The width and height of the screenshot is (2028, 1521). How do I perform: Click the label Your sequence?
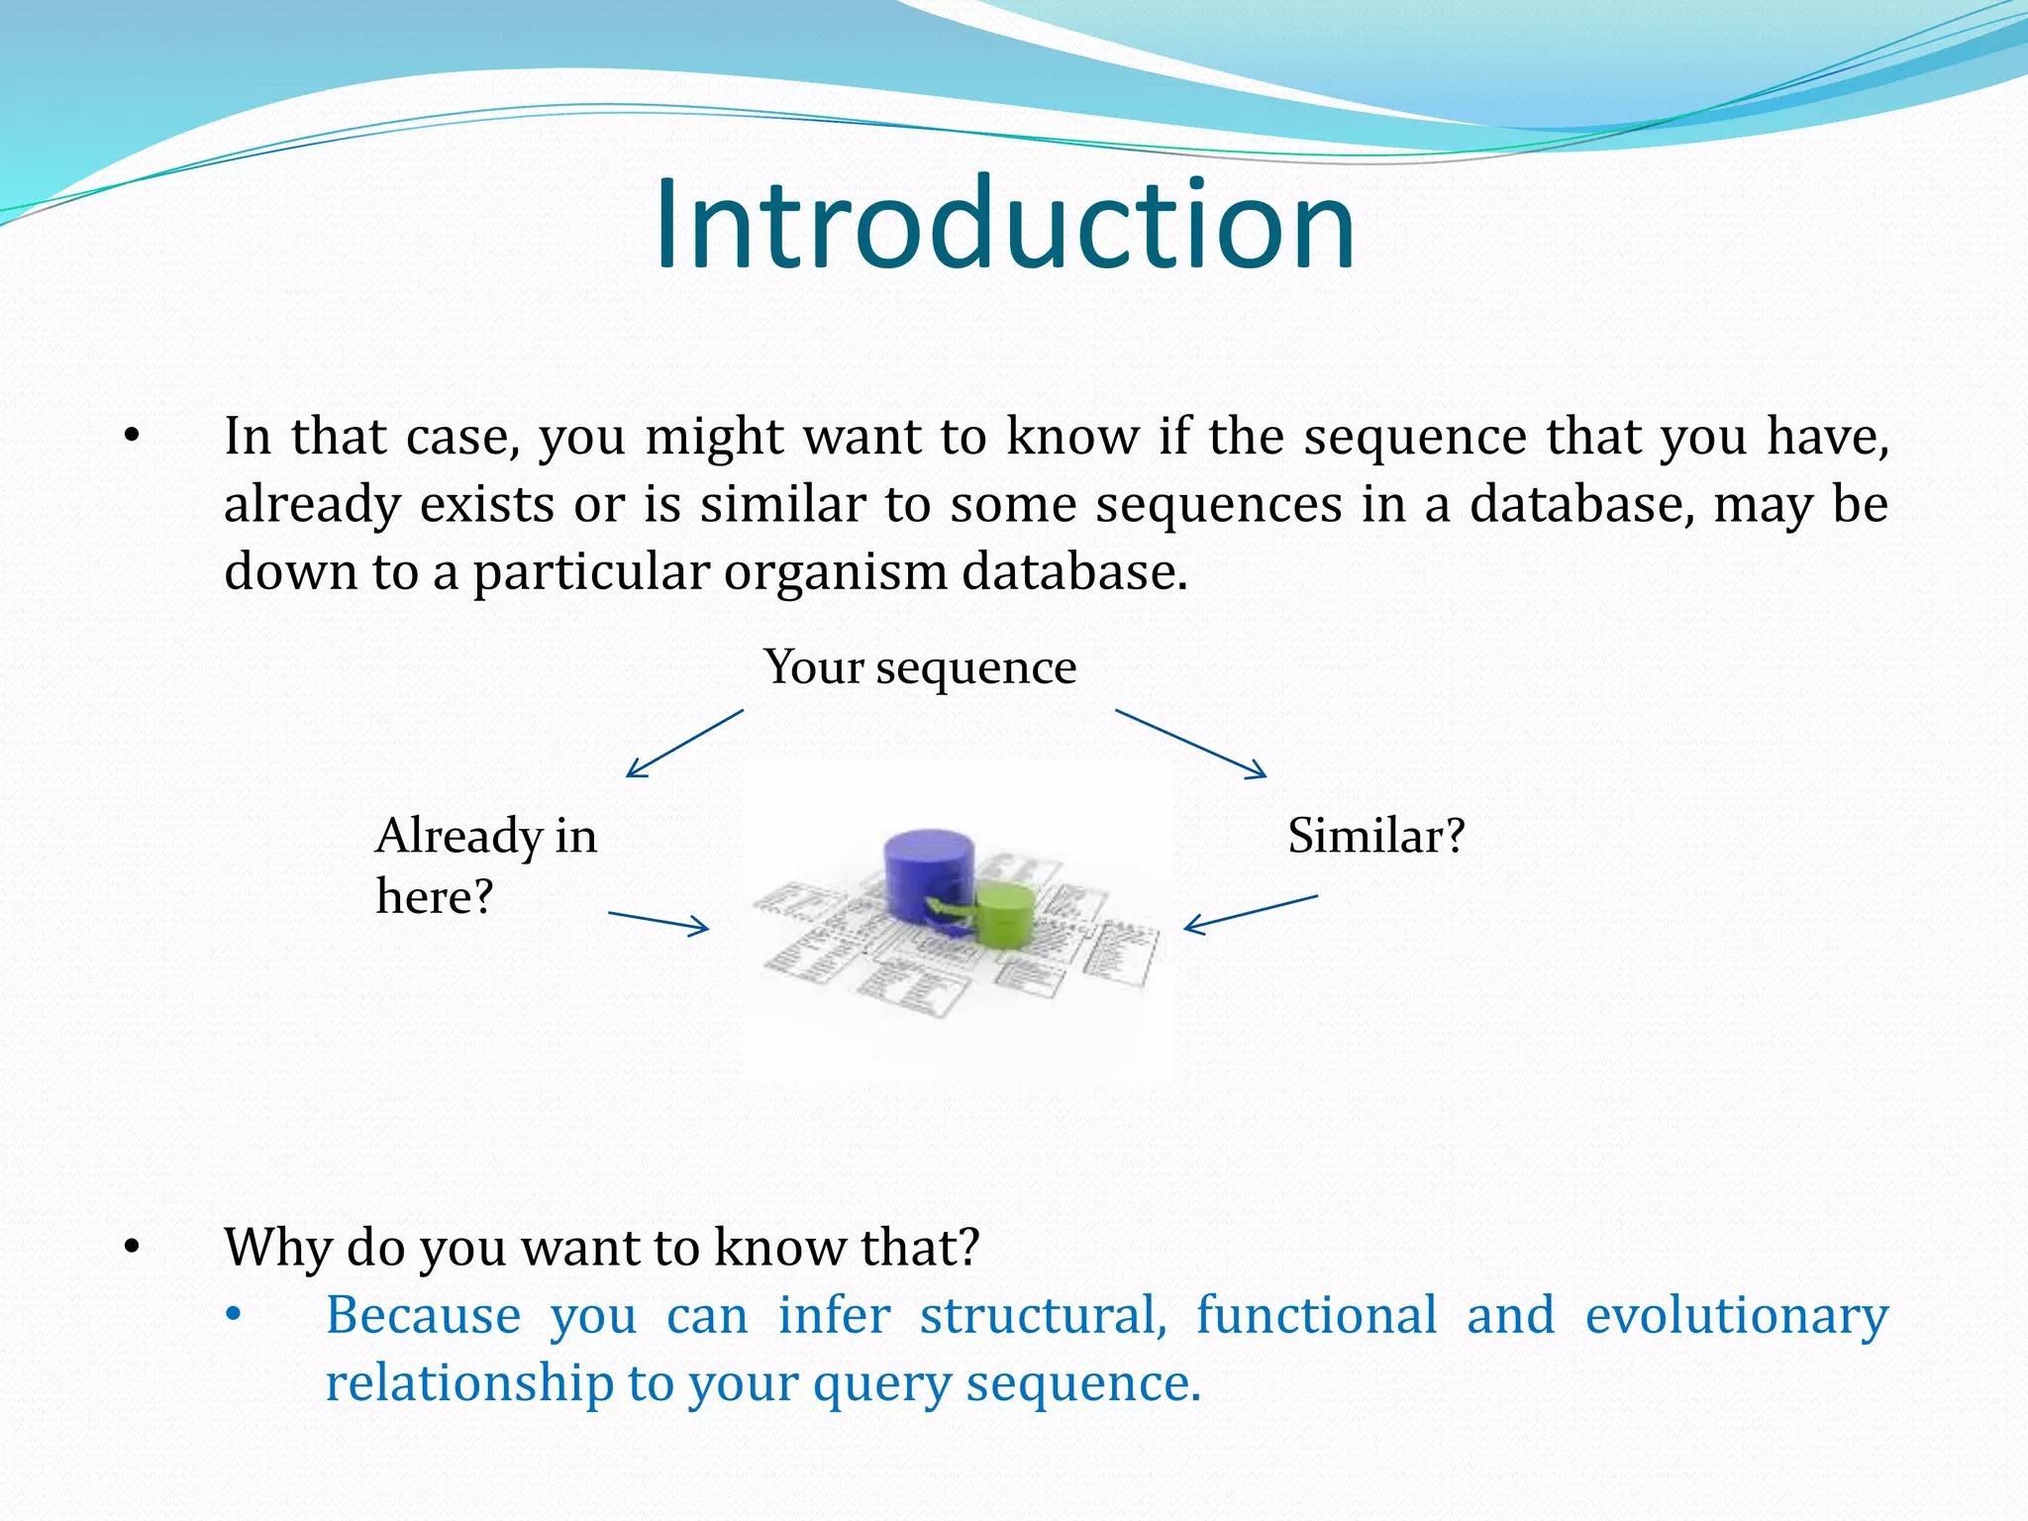tap(920, 667)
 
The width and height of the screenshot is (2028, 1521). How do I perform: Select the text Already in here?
tap(485, 865)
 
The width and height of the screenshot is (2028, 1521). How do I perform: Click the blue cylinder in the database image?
tap(927, 871)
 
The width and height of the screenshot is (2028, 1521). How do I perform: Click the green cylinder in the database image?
tap(1006, 914)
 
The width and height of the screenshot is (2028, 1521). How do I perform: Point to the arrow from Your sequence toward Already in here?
tap(684, 744)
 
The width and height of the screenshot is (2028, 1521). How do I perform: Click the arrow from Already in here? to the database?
tap(659, 923)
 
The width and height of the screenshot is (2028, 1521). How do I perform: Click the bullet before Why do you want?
tap(133, 1249)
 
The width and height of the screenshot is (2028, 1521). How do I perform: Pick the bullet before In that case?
tap(133, 437)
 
